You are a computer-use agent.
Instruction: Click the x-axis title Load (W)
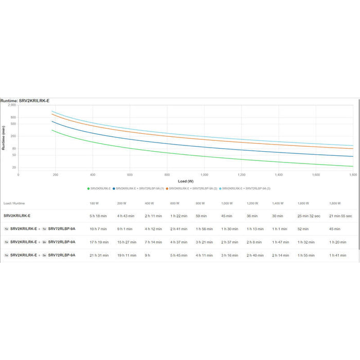(186, 181)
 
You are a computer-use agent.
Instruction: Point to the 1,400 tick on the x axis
(278, 175)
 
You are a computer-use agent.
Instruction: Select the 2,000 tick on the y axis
(13, 105)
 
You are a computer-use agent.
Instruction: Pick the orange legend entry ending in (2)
(192, 189)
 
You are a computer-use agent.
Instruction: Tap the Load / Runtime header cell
(14, 204)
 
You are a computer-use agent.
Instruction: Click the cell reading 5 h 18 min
(98, 216)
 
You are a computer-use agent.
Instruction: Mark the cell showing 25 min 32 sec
(309, 216)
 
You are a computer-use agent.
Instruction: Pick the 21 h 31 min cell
(99, 255)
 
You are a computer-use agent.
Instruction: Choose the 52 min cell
(302, 229)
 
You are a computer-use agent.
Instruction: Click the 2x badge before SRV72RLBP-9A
(44, 242)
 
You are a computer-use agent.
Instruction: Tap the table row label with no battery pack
(17, 216)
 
